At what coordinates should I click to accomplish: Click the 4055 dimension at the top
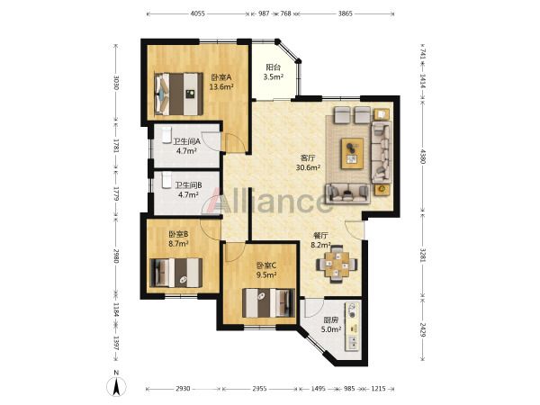click(x=198, y=13)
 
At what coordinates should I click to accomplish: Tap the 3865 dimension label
click(x=345, y=13)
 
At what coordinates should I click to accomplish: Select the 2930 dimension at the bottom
click(x=183, y=389)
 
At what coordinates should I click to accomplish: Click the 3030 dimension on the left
click(x=116, y=83)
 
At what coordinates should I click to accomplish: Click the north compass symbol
click(x=116, y=383)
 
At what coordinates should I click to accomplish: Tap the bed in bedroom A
click(x=179, y=94)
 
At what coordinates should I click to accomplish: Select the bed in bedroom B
click(x=176, y=273)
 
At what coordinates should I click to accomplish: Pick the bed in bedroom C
click(x=268, y=302)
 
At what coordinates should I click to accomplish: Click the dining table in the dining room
click(x=337, y=264)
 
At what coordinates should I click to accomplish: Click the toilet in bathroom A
click(x=166, y=135)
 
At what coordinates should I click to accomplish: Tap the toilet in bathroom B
click(x=166, y=180)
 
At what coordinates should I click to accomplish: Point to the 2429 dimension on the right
click(x=423, y=330)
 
